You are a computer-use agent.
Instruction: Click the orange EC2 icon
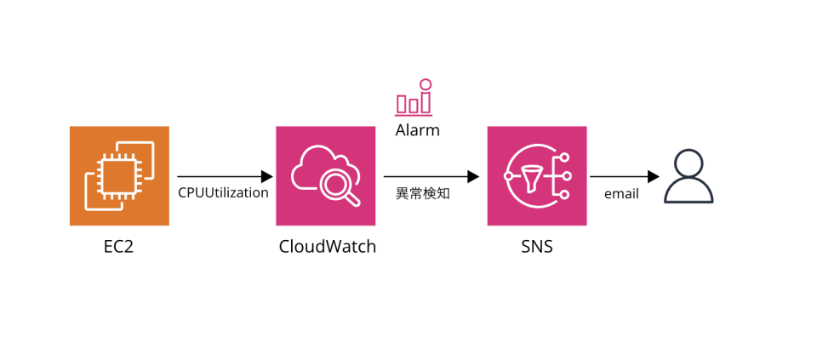pos(119,175)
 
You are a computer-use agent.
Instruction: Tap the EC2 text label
pos(119,247)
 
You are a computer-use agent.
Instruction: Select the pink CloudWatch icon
pos(325,175)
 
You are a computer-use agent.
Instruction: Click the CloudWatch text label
pos(327,247)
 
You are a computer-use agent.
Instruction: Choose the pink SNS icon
pos(536,175)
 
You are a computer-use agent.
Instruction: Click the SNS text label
pos(536,247)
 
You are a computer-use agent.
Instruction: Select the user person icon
pos(688,176)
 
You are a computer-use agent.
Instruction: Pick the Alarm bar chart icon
pos(414,99)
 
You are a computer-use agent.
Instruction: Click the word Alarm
pos(417,131)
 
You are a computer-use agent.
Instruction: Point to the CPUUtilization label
pos(223,193)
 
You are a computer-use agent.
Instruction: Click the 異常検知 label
pos(423,194)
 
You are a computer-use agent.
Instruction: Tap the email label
pos(621,194)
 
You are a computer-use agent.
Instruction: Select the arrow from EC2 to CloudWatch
pos(225,177)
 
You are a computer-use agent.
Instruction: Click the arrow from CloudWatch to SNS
pos(431,177)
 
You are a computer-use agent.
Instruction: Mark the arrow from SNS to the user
pos(625,177)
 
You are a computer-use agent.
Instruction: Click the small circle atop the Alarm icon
pos(426,84)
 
